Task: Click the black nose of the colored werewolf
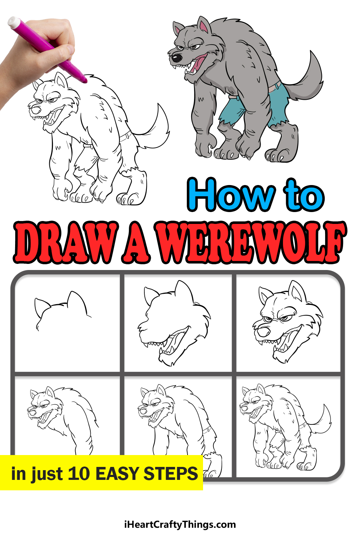[177, 58]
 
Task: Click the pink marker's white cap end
[14, 22]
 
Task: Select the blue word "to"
[304, 195]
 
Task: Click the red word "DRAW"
[66, 242]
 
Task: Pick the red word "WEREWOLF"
[251, 242]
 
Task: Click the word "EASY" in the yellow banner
[117, 473]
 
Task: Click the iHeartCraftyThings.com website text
[180, 524]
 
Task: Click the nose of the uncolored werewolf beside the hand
[36, 110]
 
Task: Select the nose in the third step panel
[263, 332]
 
